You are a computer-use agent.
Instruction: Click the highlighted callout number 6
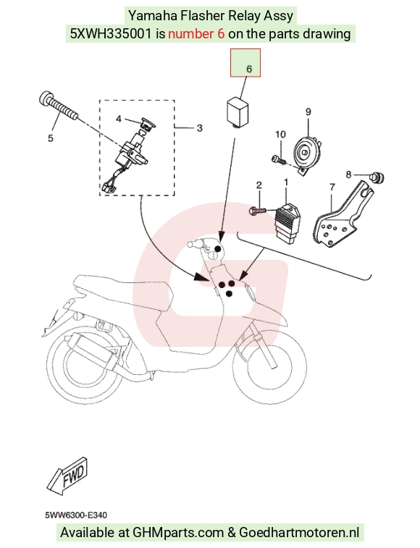pos(249,69)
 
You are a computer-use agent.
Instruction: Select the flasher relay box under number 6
pos(238,111)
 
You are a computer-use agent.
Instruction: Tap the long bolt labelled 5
pos(58,106)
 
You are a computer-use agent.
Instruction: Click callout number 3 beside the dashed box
pos(199,128)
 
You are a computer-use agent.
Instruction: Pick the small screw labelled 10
pos(279,159)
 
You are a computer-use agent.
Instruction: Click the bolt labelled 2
pos(257,211)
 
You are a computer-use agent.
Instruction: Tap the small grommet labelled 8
pos(377,177)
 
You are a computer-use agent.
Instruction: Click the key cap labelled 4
pos(147,124)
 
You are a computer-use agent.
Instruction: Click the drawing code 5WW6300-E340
pos(76,515)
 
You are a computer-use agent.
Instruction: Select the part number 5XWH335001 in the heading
pos(111,34)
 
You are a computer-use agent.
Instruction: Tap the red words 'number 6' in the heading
pos(196,34)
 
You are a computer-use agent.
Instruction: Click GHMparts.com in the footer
pos(178,533)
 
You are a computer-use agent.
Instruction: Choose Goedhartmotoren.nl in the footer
pos(299,533)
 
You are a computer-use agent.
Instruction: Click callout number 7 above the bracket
pos(332,187)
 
